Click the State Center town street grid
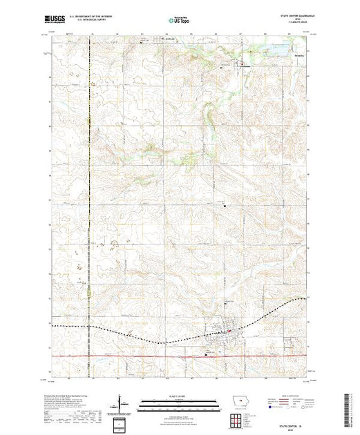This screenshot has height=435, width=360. coord(225,340)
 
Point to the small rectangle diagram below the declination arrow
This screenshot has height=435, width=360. coord(120,422)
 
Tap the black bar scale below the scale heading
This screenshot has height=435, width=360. coord(176,401)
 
